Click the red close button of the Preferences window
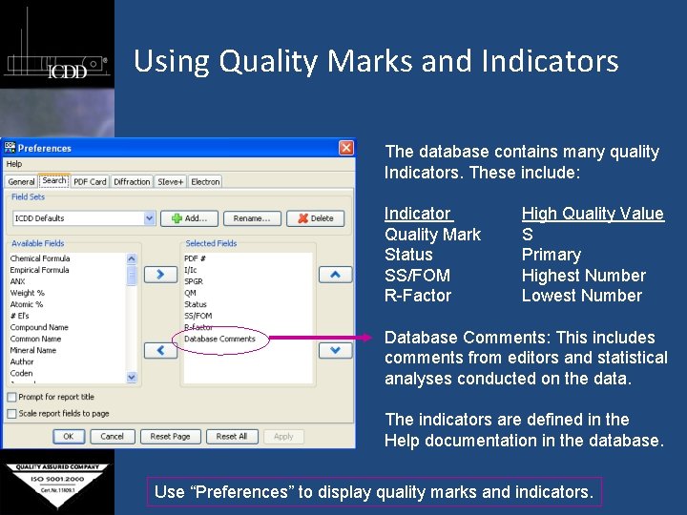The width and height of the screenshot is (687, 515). coord(345,148)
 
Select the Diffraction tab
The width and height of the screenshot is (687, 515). coord(132,181)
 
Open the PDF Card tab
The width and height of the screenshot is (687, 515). coord(91,181)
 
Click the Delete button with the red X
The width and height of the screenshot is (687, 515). coord(316,218)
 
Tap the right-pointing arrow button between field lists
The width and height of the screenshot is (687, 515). coord(160,275)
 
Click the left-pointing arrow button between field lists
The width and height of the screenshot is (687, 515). coord(160,350)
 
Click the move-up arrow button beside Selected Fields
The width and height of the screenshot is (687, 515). coord(335,275)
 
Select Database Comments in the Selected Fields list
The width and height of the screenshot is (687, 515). coord(220,339)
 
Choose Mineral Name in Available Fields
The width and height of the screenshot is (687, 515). coord(33,350)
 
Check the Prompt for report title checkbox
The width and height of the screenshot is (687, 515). coord(11,397)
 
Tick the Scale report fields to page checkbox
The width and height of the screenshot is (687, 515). coord(11,413)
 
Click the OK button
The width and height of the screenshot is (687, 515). coord(68,436)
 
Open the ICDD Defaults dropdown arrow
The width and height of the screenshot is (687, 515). coord(150,218)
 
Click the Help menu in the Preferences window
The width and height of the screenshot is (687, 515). coord(14,164)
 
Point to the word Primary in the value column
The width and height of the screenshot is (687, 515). coord(551,255)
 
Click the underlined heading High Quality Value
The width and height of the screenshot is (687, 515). coord(592,214)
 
